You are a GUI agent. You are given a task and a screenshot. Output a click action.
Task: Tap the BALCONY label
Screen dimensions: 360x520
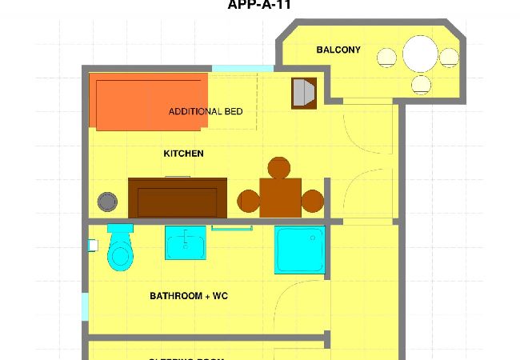click(x=338, y=50)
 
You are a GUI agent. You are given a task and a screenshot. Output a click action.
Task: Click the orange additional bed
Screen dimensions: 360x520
click(x=152, y=102)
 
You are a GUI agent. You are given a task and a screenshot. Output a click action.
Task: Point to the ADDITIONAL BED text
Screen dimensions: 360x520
click(x=206, y=112)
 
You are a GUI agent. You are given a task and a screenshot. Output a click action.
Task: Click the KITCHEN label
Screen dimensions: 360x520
click(x=183, y=154)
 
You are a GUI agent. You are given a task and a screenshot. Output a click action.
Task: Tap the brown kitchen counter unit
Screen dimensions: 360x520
click(x=178, y=197)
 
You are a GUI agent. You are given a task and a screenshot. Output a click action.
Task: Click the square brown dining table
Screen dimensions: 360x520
click(x=280, y=197)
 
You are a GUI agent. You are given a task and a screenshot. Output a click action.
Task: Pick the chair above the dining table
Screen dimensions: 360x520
click(x=278, y=168)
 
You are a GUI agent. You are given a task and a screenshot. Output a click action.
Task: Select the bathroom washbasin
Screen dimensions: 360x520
click(x=186, y=243)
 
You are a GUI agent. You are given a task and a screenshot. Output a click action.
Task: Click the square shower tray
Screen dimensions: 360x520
click(x=299, y=250)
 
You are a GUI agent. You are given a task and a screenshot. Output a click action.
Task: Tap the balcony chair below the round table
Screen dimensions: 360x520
click(x=422, y=83)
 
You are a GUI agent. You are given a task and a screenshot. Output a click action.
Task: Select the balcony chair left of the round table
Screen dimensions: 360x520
click(x=387, y=57)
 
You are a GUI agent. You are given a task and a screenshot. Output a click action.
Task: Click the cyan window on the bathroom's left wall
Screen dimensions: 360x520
click(x=85, y=307)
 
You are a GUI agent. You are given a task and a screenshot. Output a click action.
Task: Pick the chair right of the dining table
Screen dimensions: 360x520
click(x=312, y=201)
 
